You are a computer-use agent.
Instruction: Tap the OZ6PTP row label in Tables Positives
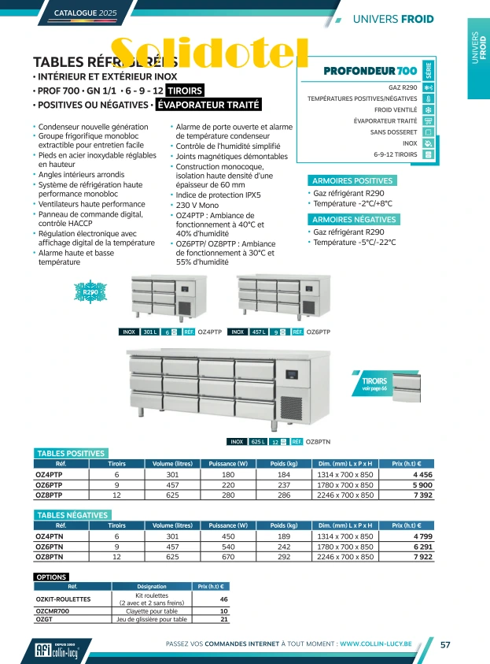tap(49, 485)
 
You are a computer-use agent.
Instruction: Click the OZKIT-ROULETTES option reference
tap(61, 599)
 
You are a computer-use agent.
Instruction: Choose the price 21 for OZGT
tap(224, 619)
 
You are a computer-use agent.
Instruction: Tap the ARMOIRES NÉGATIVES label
tap(353, 220)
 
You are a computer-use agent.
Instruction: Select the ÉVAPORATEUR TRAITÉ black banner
tap(208, 105)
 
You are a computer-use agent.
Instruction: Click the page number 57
tap(445, 644)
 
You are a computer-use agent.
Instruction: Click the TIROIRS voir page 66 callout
tap(374, 384)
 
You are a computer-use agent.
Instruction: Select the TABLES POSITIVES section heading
tap(71, 453)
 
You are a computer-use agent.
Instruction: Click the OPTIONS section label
tap(52, 577)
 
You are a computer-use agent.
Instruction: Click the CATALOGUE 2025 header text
tap(85, 13)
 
